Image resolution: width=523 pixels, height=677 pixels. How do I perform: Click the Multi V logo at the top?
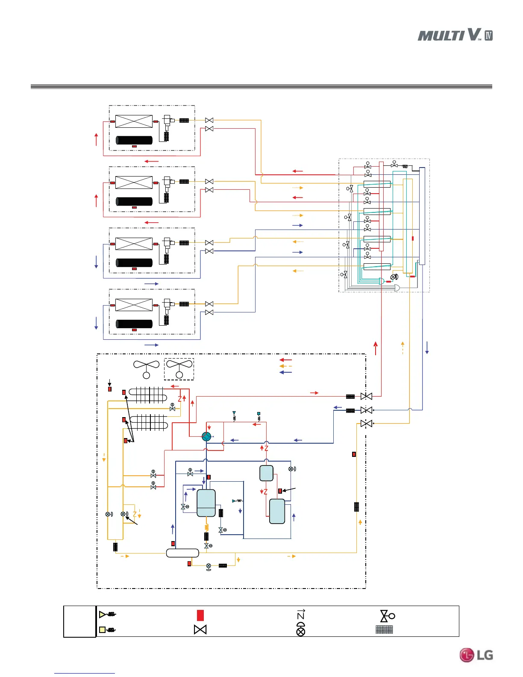(x=455, y=35)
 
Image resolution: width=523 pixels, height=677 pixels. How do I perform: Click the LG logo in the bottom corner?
(x=476, y=655)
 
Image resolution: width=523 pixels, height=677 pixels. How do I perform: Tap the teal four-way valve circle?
(x=206, y=436)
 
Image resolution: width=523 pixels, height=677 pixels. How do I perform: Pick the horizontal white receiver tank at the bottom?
(x=182, y=553)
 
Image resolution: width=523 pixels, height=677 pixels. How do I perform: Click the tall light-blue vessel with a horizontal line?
(x=206, y=503)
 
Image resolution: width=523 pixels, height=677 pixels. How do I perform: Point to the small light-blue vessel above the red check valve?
(x=266, y=473)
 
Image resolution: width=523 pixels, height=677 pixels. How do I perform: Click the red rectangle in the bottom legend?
(x=200, y=615)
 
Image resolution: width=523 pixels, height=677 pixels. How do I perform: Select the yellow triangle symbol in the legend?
(x=103, y=615)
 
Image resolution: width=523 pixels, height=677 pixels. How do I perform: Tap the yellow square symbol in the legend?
(x=102, y=630)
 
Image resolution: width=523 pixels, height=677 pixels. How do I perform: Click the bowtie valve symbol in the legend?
(x=200, y=630)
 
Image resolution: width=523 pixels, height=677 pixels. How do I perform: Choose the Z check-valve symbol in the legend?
(x=301, y=615)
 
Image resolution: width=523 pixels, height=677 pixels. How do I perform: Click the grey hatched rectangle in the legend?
(x=384, y=630)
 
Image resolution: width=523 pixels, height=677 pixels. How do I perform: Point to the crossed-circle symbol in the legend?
(x=301, y=630)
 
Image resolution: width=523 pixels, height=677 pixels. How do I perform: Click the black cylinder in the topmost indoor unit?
(x=134, y=140)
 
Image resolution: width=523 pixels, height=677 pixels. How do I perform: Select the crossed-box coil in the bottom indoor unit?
(x=134, y=305)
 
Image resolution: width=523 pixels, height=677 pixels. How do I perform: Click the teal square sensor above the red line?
(x=259, y=414)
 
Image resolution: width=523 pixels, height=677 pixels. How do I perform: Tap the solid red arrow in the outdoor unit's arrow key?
(x=285, y=360)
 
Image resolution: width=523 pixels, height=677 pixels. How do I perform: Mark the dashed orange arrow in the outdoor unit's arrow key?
(x=285, y=366)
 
